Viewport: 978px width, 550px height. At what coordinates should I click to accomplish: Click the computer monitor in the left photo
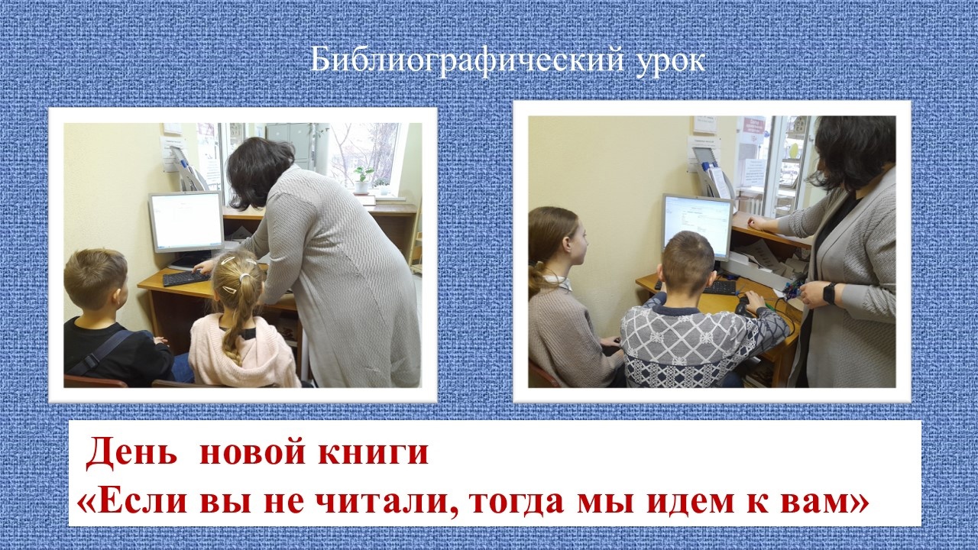(x=186, y=222)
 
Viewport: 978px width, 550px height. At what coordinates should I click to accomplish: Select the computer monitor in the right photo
(x=698, y=227)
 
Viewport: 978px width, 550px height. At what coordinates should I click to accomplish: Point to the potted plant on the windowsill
(x=362, y=180)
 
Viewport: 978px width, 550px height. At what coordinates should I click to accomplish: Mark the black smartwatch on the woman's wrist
(x=829, y=293)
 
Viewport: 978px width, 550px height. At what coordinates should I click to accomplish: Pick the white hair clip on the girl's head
(x=228, y=260)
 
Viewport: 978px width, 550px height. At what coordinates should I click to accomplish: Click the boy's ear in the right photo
(x=713, y=280)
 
